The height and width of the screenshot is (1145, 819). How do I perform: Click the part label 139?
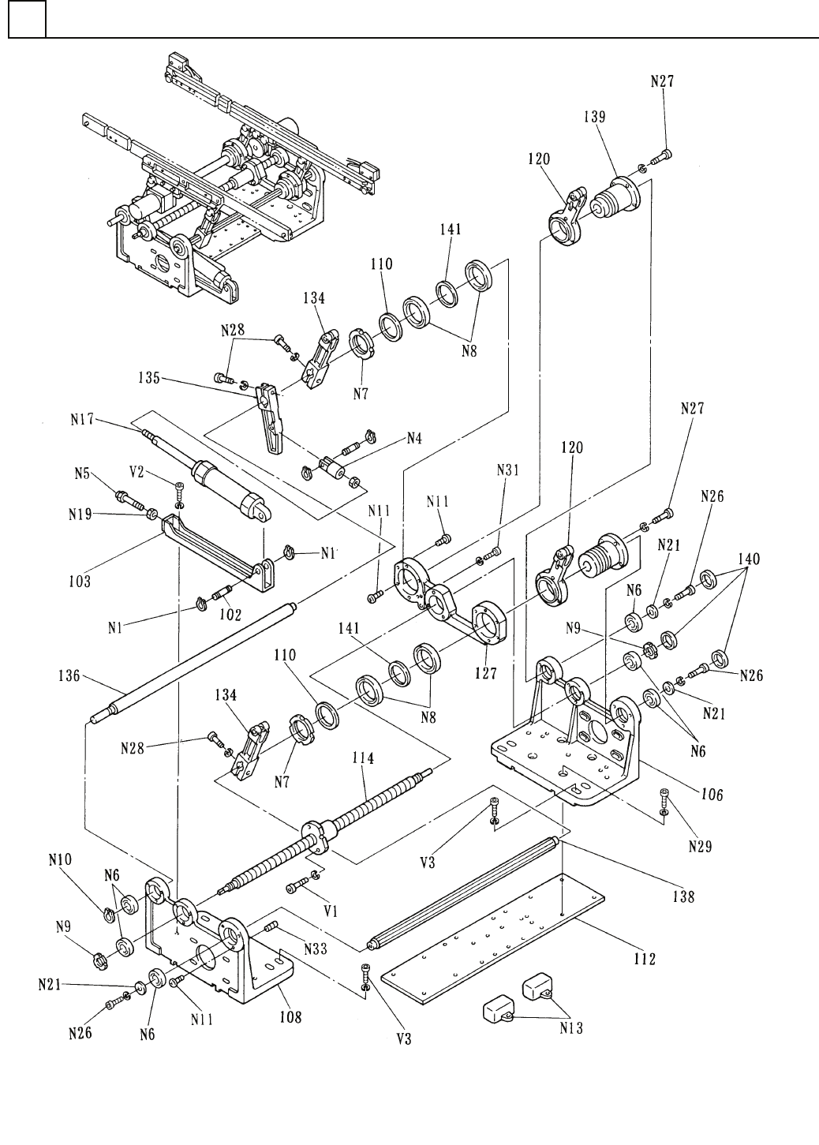[x=595, y=115]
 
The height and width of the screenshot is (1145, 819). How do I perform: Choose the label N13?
[x=573, y=1027]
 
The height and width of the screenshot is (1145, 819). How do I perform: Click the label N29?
[x=699, y=846]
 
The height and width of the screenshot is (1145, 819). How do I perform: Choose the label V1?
[x=331, y=910]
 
